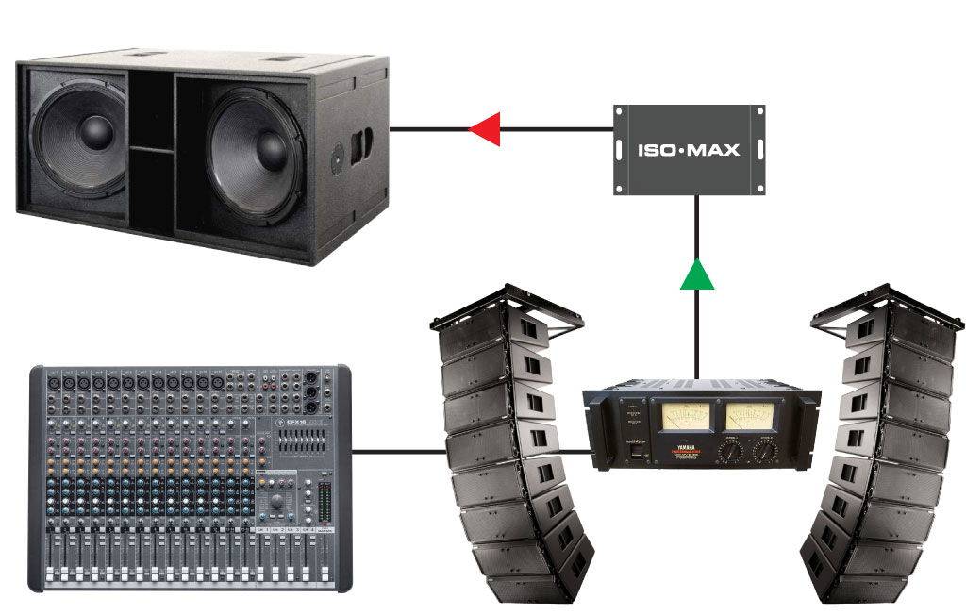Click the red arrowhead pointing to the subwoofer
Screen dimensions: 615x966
click(x=484, y=129)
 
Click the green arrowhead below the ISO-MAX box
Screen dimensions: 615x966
click(x=696, y=274)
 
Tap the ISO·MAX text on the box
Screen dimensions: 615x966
click(x=689, y=149)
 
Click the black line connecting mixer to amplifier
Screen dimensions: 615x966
click(x=396, y=451)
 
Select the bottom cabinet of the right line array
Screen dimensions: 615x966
click(x=863, y=586)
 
